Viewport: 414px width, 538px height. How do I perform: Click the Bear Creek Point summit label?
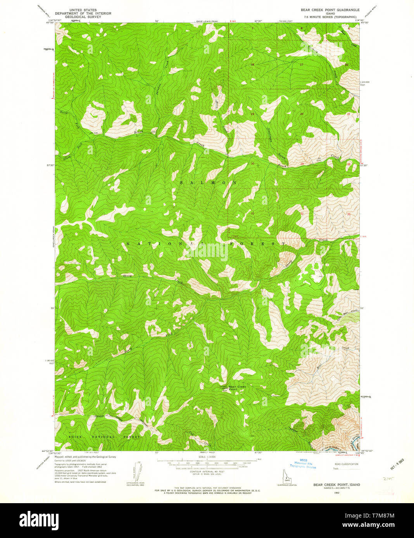coord(237,388)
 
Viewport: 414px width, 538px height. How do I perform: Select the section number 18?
coord(252,65)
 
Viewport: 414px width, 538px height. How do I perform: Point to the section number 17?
coord(301,65)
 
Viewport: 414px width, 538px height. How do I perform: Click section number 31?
coord(252,213)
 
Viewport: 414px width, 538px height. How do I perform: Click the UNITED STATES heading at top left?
coord(83,10)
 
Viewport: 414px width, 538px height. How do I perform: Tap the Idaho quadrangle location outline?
coord(287,477)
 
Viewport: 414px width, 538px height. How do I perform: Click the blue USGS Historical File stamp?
coord(304,464)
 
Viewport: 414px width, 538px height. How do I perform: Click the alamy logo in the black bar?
coord(39,519)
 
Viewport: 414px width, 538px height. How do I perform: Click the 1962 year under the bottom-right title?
coord(336,493)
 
